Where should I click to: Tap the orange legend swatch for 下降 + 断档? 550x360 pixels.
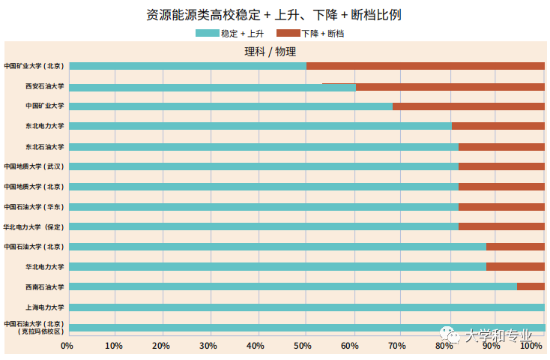click(288, 34)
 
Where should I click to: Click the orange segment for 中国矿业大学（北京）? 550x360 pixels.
click(425, 66)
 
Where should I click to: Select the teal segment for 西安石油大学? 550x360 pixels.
click(212, 87)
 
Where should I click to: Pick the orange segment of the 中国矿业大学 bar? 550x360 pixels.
click(468, 106)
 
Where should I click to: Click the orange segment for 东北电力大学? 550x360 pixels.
click(498, 126)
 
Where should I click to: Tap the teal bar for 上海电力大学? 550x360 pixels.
click(306, 307)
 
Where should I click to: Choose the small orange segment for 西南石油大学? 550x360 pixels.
click(530, 286)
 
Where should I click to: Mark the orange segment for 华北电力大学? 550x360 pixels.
click(515, 266)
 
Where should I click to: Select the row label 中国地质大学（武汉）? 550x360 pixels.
click(34, 166)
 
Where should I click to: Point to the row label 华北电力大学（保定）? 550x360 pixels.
click(34, 226)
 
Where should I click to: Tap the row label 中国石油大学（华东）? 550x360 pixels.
click(34, 206)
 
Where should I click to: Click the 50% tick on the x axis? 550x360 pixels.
click(302, 346)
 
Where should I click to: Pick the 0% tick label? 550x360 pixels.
click(67, 346)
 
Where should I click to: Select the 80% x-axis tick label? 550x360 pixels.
click(444, 346)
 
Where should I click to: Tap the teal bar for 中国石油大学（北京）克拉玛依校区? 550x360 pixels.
click(306, 328)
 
